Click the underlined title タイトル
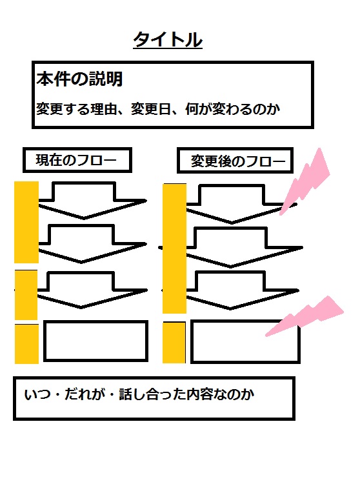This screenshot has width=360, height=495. click(x=168, y=40)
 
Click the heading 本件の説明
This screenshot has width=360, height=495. click(x=79, y=79)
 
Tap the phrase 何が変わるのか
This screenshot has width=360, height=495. click(x=232, y=109)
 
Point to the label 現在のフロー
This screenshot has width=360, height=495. click(x=76, y=160)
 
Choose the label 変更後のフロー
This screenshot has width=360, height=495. click(x=238, y=161)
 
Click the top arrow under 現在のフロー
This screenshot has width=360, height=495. click(x=92, y=200)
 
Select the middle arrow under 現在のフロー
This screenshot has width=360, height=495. click(x=92, y=244)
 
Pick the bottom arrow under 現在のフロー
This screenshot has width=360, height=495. click(x=92, y=290)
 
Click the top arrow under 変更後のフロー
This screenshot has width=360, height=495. click(x=241, y=204)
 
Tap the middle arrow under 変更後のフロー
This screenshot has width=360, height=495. click(x=243, y=247)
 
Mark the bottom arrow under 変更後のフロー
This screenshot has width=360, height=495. click(x=242, y=290)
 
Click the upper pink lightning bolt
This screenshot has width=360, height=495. click(x=305, y=181)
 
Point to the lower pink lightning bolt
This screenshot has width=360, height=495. click(x=305, y=316)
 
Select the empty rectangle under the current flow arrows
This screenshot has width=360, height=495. click(x=95, y=341)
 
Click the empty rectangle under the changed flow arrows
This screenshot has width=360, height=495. click(x=245, y=341)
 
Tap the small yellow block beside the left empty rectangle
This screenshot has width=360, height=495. click(x=26, y=344)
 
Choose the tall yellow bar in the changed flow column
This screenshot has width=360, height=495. click(x=174, y=248)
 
